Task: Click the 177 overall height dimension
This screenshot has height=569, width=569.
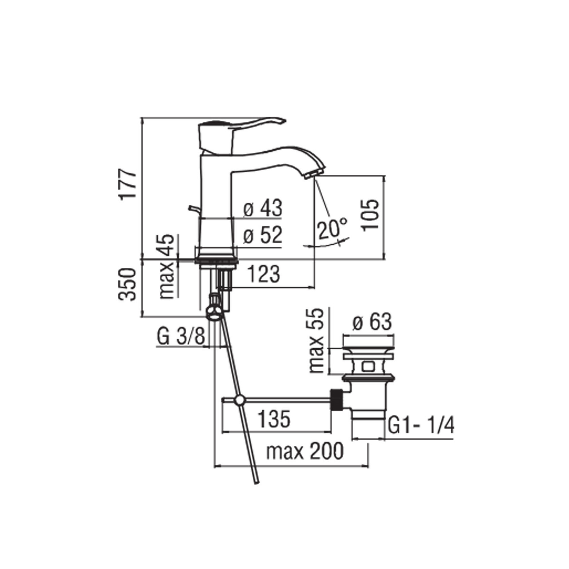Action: pyautogui.click(x=128, y=184)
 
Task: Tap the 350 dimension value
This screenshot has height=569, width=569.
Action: pyautogui.click(x=128, y=284)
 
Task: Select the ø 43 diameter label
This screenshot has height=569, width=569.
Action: pyautogui.click(x=263, y=208)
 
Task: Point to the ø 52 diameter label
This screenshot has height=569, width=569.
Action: pyautogui.click(x=263, y=235)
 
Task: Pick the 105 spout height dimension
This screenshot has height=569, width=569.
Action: pyautogui.click(x=370, y=215)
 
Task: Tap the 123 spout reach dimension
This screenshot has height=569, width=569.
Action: pyautogui.click(x=264, y=274)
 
